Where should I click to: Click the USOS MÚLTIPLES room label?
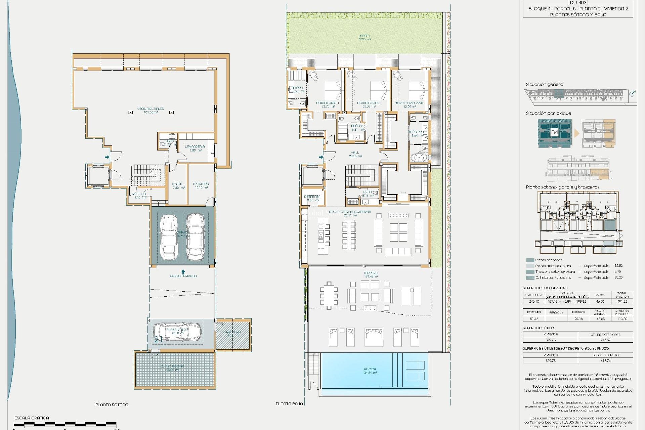150,109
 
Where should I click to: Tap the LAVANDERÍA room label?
195,146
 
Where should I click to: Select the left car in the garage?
169,237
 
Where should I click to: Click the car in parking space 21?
177,332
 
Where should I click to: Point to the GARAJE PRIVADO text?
183,276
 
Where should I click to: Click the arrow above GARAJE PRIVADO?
183,271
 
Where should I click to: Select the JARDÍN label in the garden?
364,36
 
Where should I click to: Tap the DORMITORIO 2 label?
368,103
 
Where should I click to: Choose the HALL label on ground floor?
355,152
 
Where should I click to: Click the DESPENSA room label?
312,197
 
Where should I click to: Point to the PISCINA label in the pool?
370,369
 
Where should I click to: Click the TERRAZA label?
371,273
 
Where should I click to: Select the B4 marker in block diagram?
554,132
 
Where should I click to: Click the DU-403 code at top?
578,3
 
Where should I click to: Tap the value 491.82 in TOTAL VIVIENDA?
622,302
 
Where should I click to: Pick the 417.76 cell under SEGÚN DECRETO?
605,360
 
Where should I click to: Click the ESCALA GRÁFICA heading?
32,418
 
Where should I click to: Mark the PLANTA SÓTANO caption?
112,405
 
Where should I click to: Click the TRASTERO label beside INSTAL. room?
201,184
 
